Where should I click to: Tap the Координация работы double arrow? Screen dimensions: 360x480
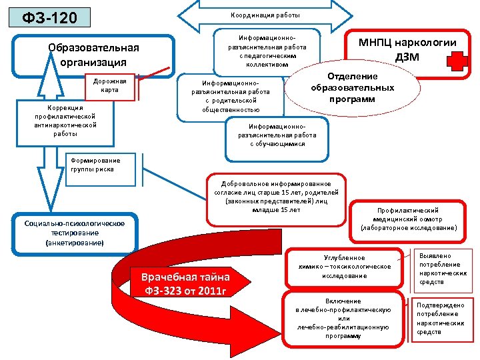tap(266, 15)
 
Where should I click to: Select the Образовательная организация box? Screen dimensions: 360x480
tap(94, 56)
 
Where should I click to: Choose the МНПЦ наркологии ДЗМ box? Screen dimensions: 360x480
tap(407, 49)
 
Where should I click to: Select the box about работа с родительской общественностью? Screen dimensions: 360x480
tap(227, 96)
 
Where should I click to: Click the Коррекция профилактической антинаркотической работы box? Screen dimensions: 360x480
tap(61, 121)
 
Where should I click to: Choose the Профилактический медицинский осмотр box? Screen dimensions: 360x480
tap(408, 219)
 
